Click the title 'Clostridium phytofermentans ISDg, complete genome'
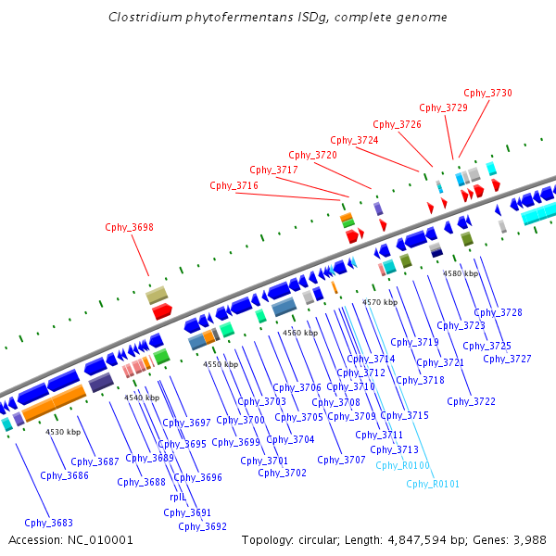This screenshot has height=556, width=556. point(277,17)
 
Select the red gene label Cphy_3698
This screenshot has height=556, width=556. point(129,227)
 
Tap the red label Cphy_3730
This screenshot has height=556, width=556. point(487,93)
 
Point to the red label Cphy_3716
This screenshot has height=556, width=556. point(234,185)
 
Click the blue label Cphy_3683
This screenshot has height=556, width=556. point(48,523)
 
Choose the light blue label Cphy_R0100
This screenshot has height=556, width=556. point(402,465)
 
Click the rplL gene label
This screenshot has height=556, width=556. point(178,498)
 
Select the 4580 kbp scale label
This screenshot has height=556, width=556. point(461,273)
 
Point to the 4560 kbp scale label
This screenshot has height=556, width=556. point(300,332)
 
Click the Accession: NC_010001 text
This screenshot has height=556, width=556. point(70,539)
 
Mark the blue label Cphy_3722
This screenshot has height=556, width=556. point(471,401)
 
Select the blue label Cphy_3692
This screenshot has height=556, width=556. point(203,526)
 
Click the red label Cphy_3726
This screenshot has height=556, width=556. point(397,124)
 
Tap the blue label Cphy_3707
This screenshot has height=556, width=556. point(341,460)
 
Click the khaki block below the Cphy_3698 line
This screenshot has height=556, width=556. point(157,296)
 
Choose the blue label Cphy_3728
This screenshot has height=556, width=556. point(498,313)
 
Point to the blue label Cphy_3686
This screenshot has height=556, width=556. point(65,475)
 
